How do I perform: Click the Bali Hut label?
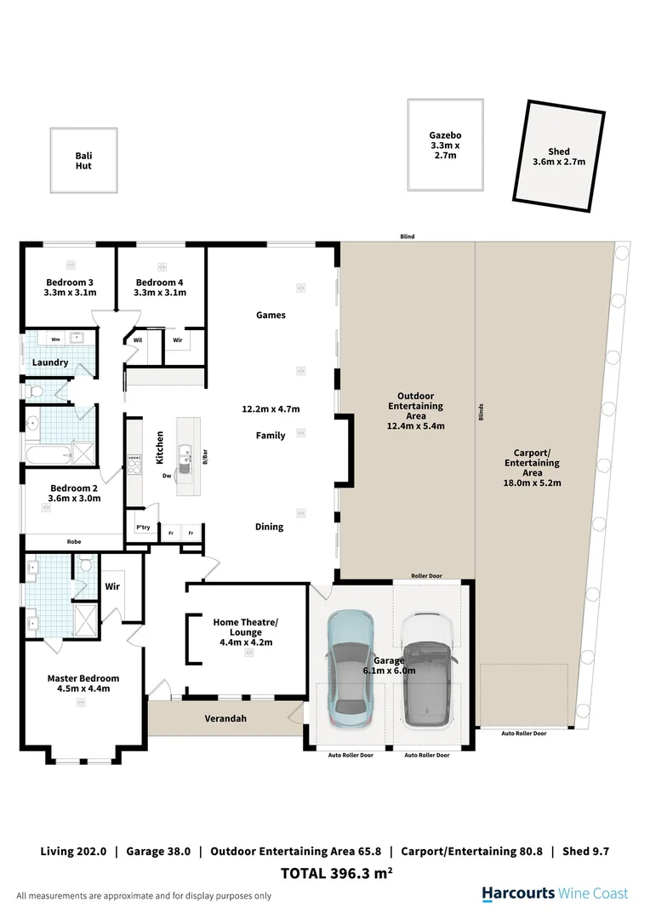click(83, 160)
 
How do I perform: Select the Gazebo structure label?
click(444, 146)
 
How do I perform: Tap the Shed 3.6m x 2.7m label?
click(559, 157)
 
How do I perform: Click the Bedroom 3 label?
click(70, 288)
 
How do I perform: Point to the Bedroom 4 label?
click(159, 288)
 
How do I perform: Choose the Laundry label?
click(50, 362)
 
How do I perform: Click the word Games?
click(271, 315)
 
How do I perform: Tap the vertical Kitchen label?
click(159, 447)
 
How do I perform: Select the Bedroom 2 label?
click(74, 494)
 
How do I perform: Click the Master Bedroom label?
click(83, 683)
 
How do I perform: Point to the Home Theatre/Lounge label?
click(245, 632)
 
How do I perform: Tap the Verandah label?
click(225, 718)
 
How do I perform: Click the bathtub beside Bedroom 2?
click(48, 454)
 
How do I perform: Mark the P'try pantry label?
click(143, 528)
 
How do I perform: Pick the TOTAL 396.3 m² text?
click(336, 873)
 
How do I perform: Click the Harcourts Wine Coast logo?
click(555, 893)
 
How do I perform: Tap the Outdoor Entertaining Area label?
click(416, 411)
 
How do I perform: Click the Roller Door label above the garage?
click(425, 576)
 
